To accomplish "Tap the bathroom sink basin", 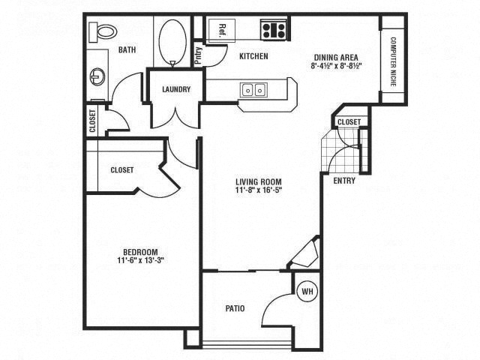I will [97, 76].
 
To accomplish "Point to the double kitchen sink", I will [253, 91].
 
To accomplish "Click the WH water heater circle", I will [307, 291].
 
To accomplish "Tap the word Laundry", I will [176, 89].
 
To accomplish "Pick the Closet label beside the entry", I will [349, 122].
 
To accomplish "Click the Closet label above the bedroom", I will [121, 170].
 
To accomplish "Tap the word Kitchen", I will [253, 56].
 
